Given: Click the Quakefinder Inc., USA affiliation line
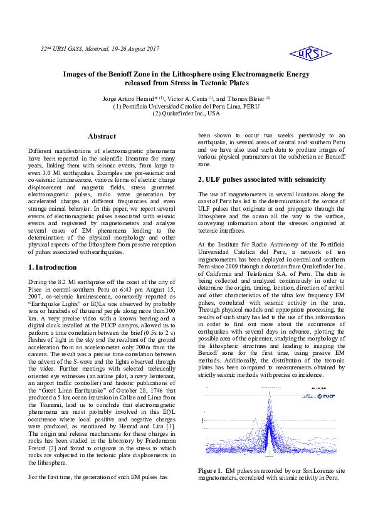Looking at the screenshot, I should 186,114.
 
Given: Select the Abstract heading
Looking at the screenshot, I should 102,136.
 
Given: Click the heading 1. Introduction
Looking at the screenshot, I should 54,267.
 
